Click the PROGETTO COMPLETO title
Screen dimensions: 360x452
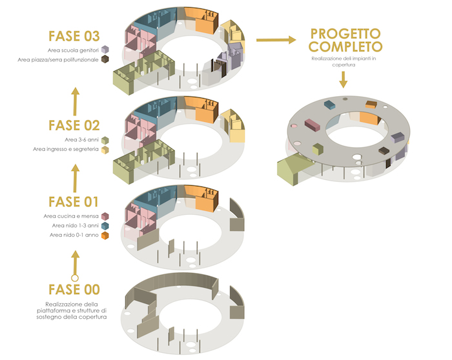click(345, 41)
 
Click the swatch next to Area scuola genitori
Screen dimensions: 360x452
click(105, 50)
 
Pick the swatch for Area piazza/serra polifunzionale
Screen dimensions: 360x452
click(105, 60)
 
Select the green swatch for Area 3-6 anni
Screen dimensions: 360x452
click(105, 139)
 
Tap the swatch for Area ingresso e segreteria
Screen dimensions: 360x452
click(105, 150)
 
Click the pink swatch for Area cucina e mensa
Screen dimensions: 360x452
click(105, 216)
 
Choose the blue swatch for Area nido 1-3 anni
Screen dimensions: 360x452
click(105, 226)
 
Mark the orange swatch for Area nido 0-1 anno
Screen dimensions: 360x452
click(105, 236)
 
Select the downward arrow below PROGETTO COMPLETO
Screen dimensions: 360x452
click(344, 79)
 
